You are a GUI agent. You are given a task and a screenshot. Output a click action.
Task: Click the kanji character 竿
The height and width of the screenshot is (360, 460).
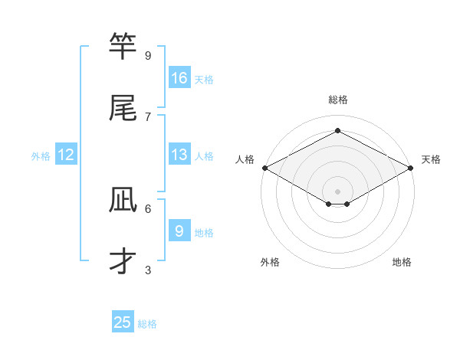point(123,47)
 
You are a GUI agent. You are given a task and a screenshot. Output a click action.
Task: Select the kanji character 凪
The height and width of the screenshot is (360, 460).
point(123,201)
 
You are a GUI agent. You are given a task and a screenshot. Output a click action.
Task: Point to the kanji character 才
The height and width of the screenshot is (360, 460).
point(123,261)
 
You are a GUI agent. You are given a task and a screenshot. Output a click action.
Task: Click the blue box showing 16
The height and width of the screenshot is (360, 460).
point(179,78)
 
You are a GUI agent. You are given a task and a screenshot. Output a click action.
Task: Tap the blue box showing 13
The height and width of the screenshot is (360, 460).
point(179,155)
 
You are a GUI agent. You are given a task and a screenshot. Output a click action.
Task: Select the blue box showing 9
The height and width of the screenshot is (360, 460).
point(179,231)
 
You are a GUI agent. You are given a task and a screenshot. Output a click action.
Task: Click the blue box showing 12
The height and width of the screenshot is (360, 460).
point(66,155)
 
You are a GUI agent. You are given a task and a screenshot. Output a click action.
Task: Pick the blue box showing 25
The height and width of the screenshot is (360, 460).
point(123,322)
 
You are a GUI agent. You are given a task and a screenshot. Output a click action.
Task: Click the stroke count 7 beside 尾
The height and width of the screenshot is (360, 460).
point(148,116)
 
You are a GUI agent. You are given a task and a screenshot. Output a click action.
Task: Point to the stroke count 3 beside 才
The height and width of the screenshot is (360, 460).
point(148,270)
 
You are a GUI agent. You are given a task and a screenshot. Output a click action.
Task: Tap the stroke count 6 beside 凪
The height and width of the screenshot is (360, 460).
point(148,208)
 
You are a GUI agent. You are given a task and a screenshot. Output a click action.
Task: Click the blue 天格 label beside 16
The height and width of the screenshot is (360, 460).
point(204,79)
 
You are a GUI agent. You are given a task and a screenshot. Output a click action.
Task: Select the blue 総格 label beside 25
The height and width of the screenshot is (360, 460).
point(147,323)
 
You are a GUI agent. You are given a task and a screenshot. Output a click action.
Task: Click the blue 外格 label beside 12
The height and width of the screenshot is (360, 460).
point(41,155)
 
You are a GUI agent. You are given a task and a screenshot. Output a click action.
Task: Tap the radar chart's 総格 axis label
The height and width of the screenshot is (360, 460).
point(338,100)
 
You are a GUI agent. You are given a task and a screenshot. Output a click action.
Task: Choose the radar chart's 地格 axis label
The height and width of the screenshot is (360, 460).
point(402,263)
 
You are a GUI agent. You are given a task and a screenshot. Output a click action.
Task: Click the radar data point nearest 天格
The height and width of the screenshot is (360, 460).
point(411,168)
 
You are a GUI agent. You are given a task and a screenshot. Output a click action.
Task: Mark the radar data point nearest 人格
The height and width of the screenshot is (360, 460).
point(264,168)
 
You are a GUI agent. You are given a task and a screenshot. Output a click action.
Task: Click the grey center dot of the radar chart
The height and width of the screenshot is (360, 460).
point(338,191)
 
